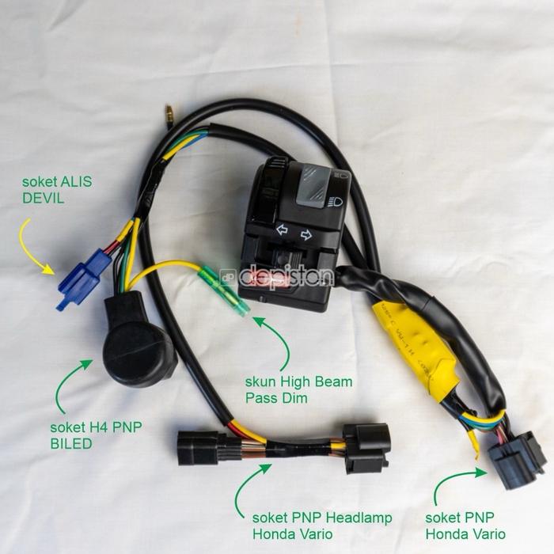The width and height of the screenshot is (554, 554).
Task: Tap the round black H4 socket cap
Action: [140, 347]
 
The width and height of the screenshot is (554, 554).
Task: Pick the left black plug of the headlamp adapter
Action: [194, 447]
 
